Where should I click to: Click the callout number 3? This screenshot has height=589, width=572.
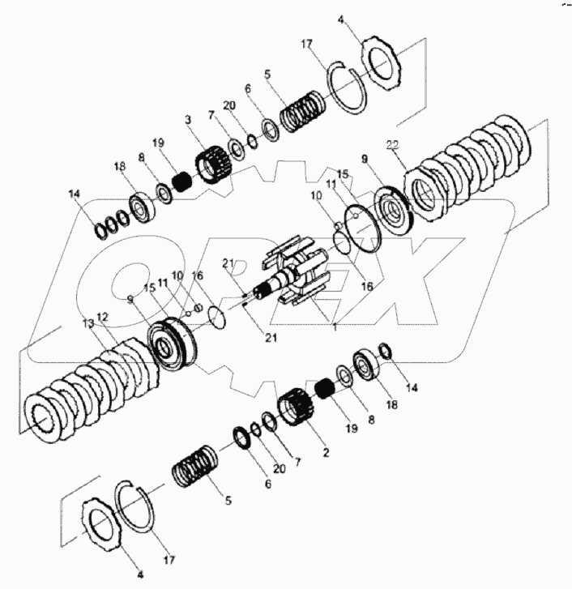click(x=187, y=121)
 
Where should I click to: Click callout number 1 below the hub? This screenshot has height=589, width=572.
click(x=334, y=327)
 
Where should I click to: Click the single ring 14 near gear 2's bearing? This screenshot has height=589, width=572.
click(x=386, y=351)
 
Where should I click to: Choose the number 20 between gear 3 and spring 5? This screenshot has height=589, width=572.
click(x=229, y=105)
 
